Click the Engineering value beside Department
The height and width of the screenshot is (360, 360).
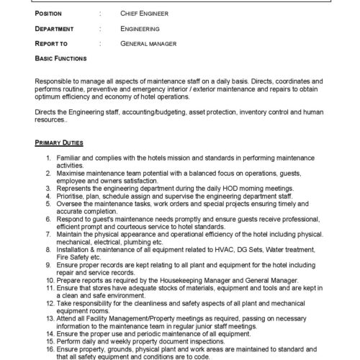click(x=140, y=29)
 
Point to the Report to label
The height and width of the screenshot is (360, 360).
click(x=51, y=43)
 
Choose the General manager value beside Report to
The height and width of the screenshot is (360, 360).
click(x=148, y=43)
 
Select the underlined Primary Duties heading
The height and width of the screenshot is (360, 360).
click(x=60, y=143)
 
